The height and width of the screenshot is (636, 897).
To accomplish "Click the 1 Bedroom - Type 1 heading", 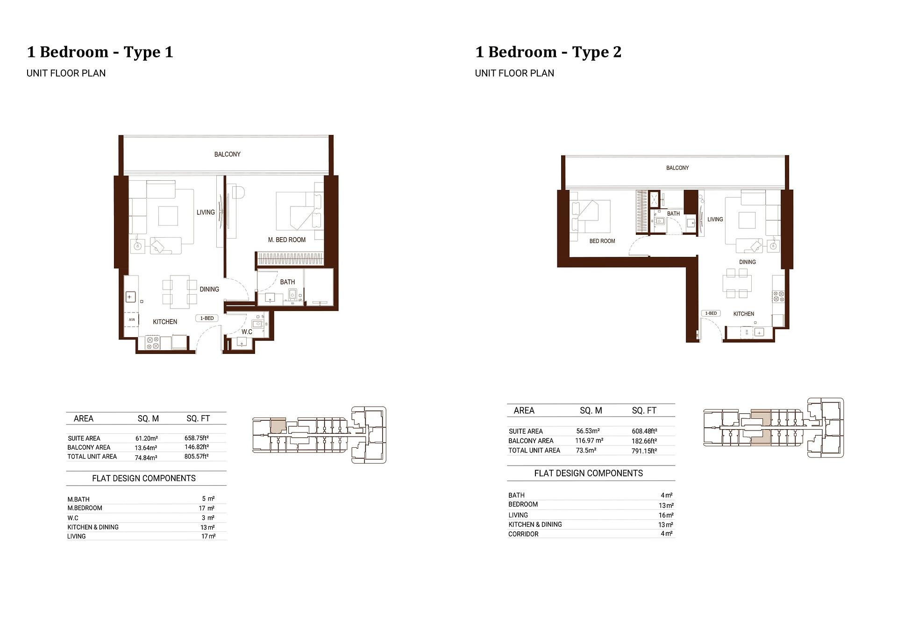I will pyautogui.click(x=100, y=52).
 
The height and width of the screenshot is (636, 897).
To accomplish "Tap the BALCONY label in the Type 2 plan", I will pyautogui.click(x=677, y=168).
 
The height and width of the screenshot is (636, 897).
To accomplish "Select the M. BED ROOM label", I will pyautogui.click(x=286, y=240).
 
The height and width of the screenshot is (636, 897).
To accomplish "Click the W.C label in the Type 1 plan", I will pyautogui.click(x=247, y=332).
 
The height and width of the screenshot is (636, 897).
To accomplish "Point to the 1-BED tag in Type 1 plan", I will pyautogui.click(x=206, y=318).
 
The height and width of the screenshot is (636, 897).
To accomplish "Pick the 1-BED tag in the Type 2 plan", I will pyautogui.click(x=711, y=313).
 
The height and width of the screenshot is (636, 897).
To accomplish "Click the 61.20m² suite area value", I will pyautogui.click(x=147, y=438).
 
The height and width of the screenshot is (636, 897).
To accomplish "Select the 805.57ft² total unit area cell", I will pyautogui.click(x=196, y=457).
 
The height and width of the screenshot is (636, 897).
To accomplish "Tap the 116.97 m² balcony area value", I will pyautogui.click(x=589, y=441).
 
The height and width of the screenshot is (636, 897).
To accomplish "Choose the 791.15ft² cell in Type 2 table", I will pyautogui.click(x=644, y=451).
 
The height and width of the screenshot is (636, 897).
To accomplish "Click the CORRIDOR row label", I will pyautogui.click(x=523, y=534).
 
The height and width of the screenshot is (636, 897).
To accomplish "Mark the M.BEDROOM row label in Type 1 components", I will pyautogui.click(x=85, y=508).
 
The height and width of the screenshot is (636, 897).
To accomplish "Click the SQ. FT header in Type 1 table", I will pyautogui.click(x=198, y=419).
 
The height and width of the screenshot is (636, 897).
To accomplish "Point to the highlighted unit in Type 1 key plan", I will pyautogui.click(x=278, y=425).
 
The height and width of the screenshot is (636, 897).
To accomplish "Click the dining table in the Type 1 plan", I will pyautogui.click(x=180, y=292).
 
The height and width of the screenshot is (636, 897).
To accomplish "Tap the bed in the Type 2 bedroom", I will pyautogui.click(x=591, y=216).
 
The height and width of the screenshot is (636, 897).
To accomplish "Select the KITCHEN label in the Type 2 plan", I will pyautogui.click(x=743, y=314).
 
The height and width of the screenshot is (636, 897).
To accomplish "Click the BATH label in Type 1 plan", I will pyautogui.click(x=287, y=282).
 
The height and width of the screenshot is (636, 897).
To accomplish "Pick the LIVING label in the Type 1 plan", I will pyautogui.click(x=206, y=212).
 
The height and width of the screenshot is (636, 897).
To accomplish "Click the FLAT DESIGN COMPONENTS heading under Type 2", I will pyautogui.click(x=588, y=473).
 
